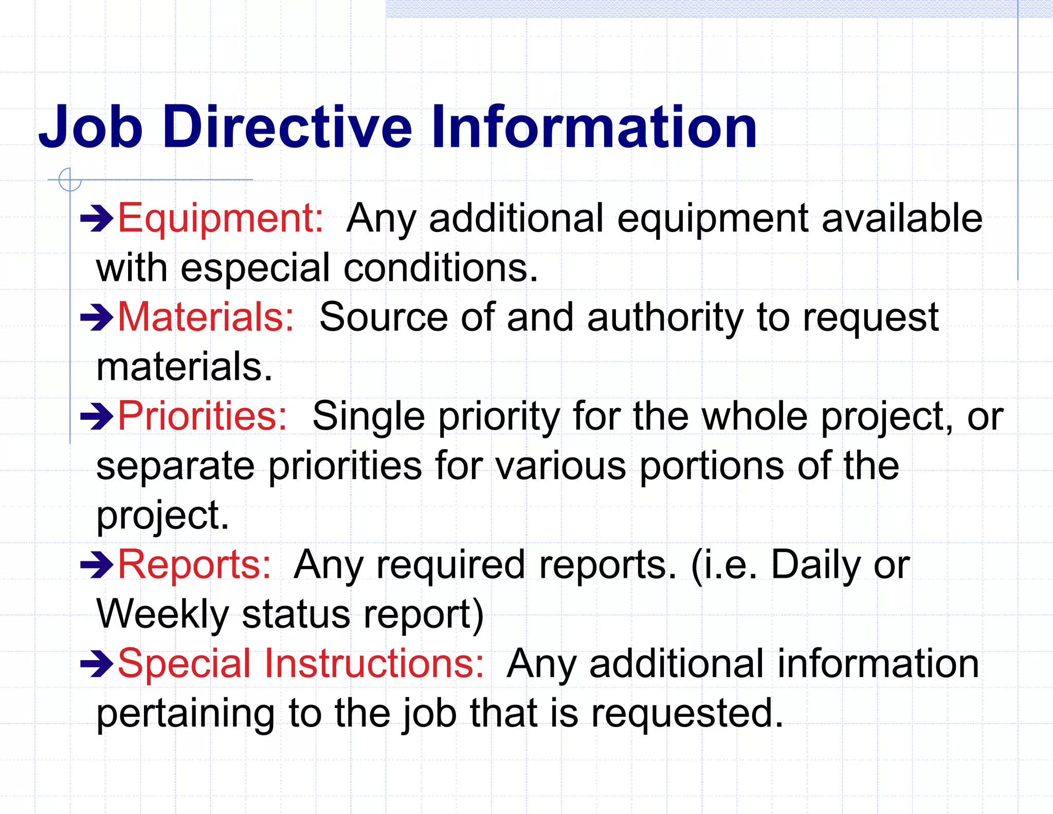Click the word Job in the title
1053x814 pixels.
click(90, 127)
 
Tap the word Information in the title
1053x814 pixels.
click(593, 127)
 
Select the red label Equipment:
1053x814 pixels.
click(221, 218)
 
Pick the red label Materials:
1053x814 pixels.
click(206, 317)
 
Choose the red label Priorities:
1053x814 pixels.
click(202, 416)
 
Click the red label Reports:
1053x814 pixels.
click(194, 565)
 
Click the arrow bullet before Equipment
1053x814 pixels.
click(97, 219)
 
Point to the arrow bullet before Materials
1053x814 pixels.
click(97, 317)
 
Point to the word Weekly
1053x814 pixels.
click(162, 614)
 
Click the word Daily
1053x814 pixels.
click(814, 565)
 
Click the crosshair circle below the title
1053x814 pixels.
click(70, 180)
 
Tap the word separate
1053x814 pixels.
click(175, 466)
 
